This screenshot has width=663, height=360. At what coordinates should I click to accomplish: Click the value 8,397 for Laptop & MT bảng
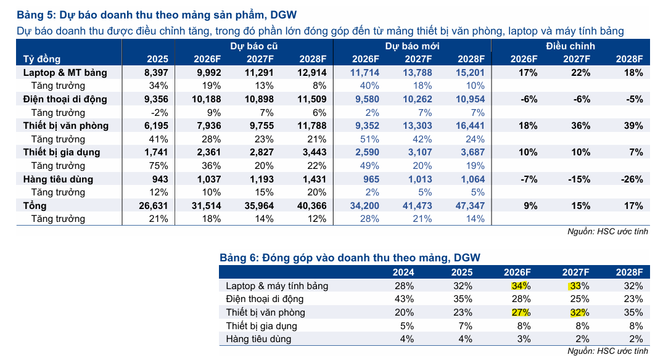coord(156,73)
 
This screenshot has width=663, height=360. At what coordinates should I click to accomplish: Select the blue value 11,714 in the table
coord(364,73)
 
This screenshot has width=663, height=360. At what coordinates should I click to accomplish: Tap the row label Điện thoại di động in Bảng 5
coord(65,99)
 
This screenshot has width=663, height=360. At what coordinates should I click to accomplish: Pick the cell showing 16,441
coord(470,126)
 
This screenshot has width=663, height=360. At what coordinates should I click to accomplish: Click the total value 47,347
coord(470,206)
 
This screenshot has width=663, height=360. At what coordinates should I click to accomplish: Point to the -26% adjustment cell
coord(632,179)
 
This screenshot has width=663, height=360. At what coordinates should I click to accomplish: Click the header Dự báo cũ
coord(253,46)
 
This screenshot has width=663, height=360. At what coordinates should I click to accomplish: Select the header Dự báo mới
coord(412,46)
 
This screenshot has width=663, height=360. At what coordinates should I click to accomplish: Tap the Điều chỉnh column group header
coord(570,46)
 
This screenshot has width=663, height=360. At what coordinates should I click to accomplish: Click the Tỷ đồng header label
coord(42,59)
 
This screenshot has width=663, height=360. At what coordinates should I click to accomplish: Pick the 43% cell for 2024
coord(404,299)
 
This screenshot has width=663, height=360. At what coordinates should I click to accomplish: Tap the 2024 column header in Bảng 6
coord(403,272)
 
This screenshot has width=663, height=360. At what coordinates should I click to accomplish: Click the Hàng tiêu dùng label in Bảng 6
coord(258,339)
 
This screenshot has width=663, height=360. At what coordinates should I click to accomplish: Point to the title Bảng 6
coord(350,258)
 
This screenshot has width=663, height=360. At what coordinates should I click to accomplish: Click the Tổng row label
coord(35,206)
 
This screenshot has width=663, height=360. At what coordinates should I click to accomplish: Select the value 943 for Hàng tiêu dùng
coord(160,179)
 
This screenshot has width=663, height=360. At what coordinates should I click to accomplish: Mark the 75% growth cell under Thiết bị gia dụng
coord(159,166)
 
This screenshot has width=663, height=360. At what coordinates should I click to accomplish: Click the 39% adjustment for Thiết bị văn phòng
coord(633,126)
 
